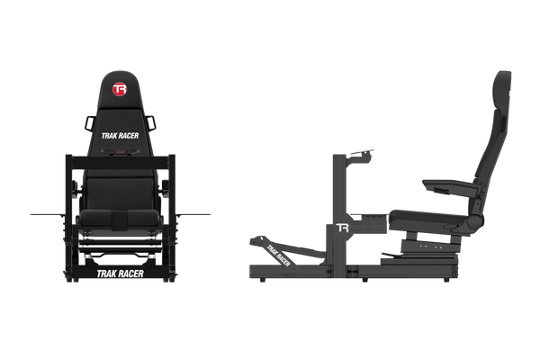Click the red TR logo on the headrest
point(120,89)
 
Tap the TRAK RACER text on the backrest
point(120,136)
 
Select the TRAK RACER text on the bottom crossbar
point(120,274)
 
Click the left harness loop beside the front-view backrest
point(89,123)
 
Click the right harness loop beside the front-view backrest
point(150,123)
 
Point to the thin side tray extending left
point(48,215)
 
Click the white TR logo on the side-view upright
point(342,228)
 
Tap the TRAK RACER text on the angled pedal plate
point(278,256)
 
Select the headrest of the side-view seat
point(503,90)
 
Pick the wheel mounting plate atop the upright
point(361,152)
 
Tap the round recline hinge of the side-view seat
point(476,220)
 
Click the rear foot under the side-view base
point(446,280)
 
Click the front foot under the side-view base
point(263,280)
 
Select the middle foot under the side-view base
point(364,280)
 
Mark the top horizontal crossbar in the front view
point(121,162)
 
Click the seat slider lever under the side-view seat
point(391,255)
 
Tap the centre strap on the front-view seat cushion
point(120,219)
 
